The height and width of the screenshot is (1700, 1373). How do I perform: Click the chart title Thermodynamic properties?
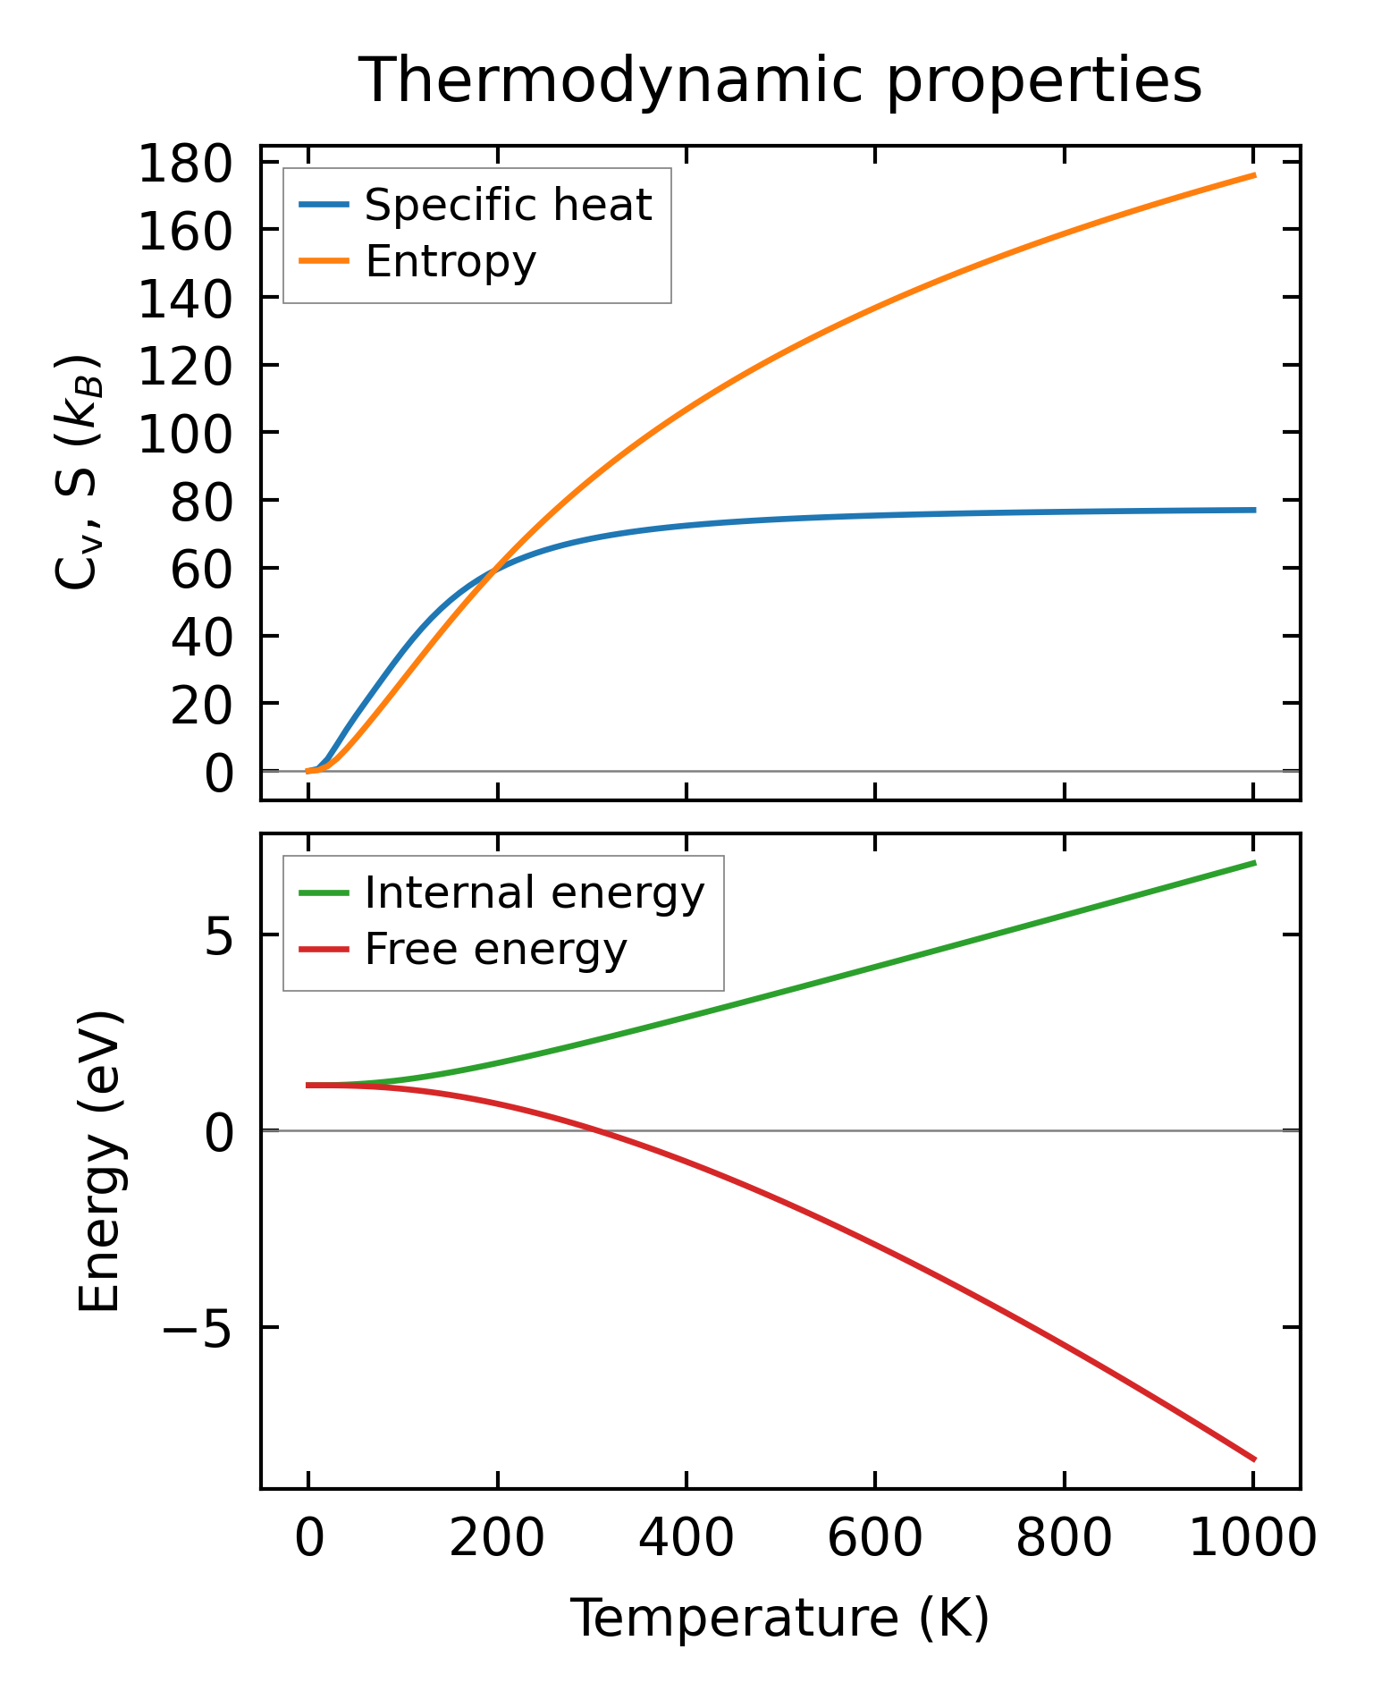[x=779, y=80]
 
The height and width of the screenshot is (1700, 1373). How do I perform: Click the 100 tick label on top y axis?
[x=185, y=434]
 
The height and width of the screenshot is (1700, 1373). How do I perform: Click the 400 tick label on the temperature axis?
[x=686, y=1540]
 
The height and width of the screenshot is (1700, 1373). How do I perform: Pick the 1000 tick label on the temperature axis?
[x=1253, y=1540]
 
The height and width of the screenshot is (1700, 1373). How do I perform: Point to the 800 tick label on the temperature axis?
[x=1064, y=1540]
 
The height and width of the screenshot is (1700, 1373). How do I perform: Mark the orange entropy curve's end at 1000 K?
[x=1254, y=175]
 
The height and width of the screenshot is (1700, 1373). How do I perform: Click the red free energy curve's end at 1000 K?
[x=1254, y=1459]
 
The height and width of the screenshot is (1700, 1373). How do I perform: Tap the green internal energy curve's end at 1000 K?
[x=1254, y=863]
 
